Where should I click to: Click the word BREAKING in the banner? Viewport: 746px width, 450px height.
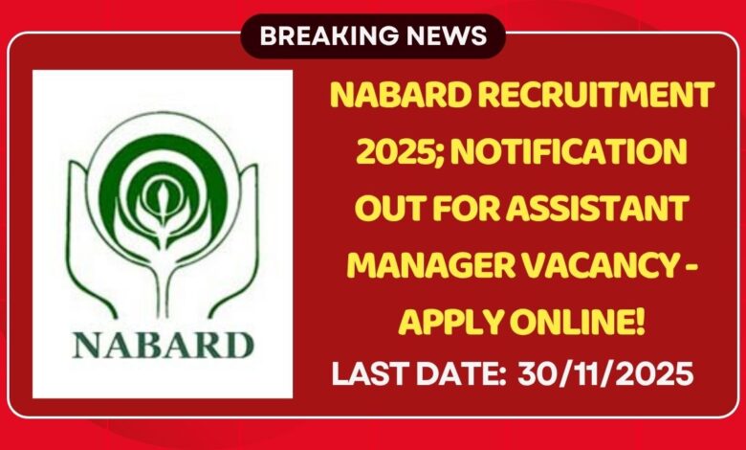coord(318,36)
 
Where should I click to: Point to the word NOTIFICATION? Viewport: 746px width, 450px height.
coord(568,151)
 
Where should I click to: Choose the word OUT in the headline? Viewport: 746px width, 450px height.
coord(385,207)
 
